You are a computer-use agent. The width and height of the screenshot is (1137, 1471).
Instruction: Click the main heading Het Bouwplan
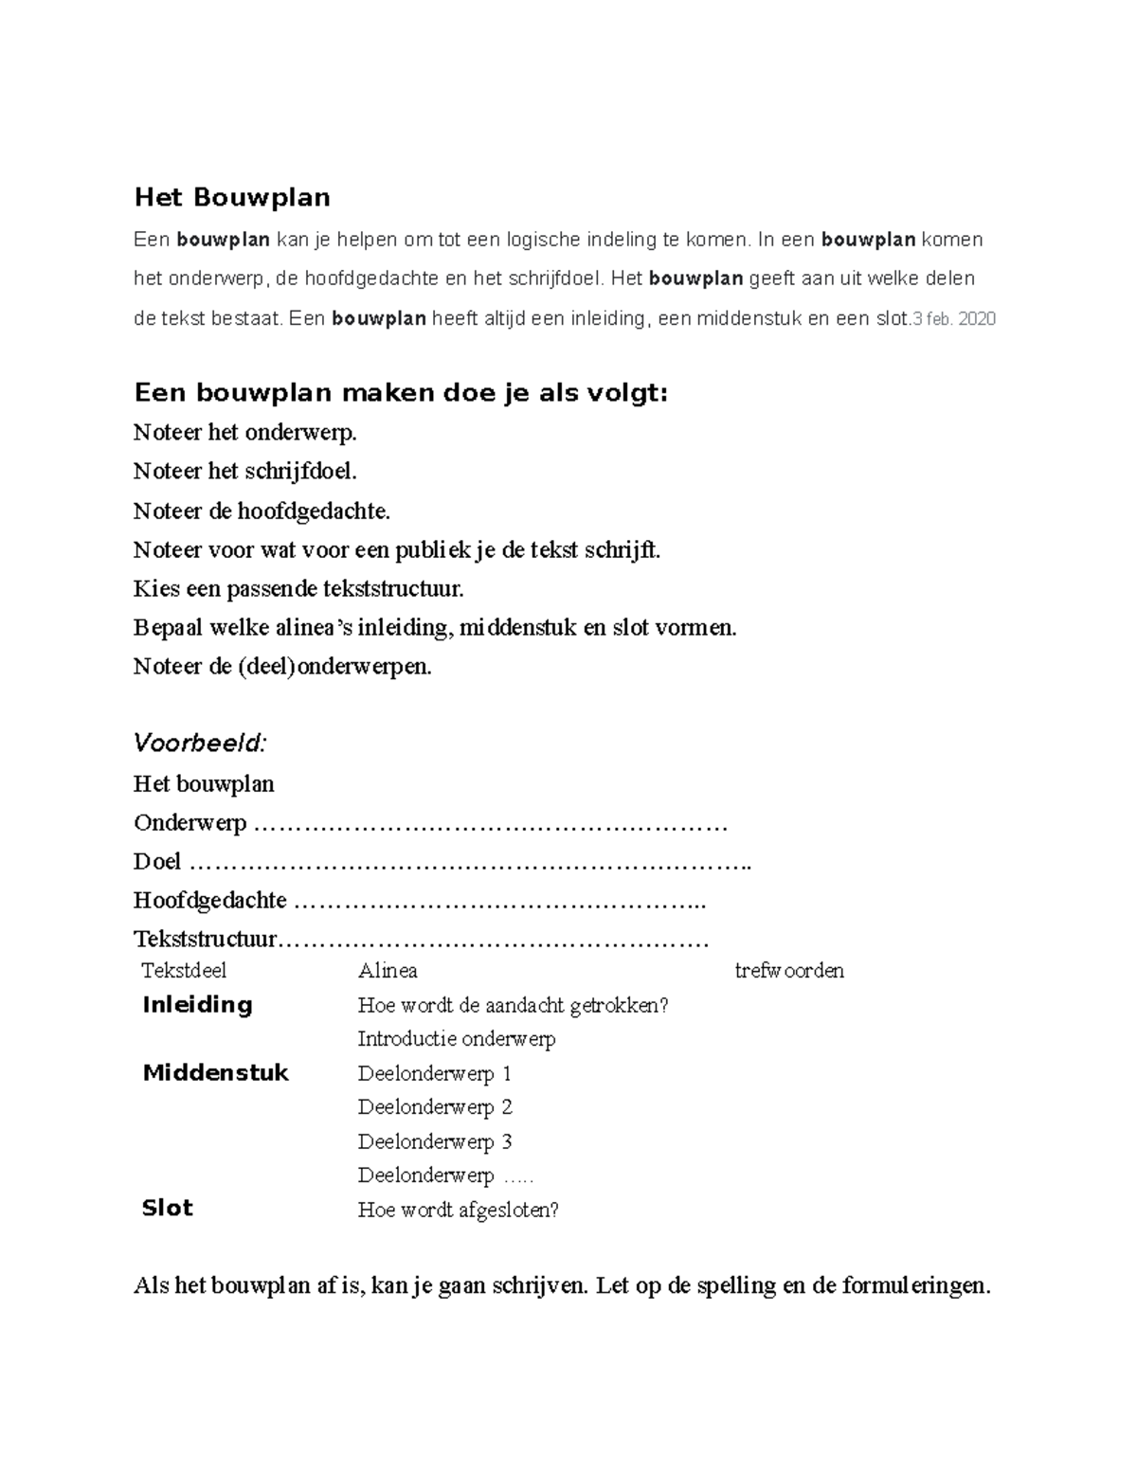232,197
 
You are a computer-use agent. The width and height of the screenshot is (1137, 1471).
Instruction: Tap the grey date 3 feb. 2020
953,319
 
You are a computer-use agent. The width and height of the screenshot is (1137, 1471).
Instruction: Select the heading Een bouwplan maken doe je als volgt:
401,392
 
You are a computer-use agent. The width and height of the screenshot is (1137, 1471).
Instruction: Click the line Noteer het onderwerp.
245,433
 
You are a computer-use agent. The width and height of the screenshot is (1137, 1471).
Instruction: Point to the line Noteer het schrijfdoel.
245,472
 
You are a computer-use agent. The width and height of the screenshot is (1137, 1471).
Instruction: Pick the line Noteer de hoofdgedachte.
262,511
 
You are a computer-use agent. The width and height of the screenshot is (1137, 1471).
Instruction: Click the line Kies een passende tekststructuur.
299,589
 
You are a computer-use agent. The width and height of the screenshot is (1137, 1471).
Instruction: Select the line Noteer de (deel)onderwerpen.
282,667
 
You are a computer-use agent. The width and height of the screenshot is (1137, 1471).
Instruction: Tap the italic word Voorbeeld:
200,743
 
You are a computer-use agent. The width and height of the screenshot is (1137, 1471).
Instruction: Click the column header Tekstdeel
184,971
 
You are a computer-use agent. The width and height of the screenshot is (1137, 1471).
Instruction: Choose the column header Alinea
388,971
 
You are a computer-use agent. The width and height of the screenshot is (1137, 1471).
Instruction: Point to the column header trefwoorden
789,971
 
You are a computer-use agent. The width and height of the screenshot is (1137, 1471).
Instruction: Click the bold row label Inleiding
197,1005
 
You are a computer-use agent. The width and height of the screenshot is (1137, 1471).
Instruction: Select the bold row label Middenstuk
215,1073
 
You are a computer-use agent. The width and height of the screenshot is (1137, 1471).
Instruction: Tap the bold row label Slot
167,1209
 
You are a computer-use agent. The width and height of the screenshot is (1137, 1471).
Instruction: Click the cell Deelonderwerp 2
435,1107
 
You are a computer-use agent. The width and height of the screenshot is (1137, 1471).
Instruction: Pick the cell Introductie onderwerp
457,1039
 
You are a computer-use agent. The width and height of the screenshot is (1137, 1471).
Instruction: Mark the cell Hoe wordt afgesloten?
459,1210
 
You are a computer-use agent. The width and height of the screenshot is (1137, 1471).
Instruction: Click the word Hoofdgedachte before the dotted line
210,901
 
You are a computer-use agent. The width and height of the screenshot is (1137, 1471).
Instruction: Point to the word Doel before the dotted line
157,862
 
